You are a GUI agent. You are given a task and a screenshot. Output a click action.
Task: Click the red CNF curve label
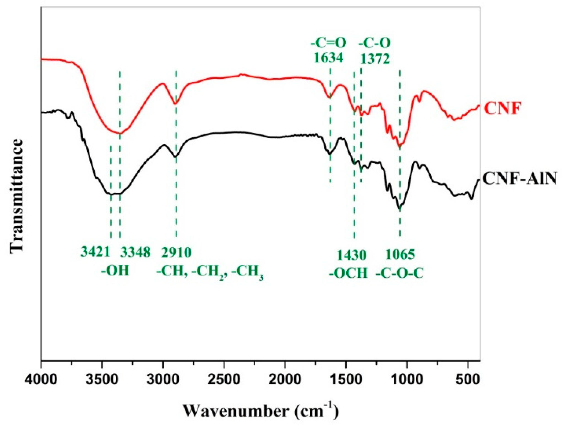[x=502, y=108]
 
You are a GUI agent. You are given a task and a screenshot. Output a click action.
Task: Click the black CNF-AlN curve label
[x=519, y=178]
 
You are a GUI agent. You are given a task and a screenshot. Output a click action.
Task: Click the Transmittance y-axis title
[x=17, y=195]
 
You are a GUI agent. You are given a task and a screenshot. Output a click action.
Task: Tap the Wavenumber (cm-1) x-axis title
[x=260, y=411]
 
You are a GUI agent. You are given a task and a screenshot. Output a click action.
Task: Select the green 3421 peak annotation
[x=96, y=252]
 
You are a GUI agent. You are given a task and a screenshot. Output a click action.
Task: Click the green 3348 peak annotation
[x=135, y=252]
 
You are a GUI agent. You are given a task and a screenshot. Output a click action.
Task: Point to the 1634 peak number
[x=329, y=58]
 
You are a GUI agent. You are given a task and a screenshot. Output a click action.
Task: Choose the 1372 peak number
[x=375, y=59]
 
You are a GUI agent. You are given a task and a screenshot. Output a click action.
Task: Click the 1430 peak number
[x=352, y=255]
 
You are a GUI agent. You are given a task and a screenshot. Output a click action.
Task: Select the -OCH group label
[x=349, y=273]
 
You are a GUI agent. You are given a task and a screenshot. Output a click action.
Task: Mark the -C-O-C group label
[x=400, y=273]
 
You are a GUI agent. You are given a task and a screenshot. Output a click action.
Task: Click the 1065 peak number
[x=400, y=255]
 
